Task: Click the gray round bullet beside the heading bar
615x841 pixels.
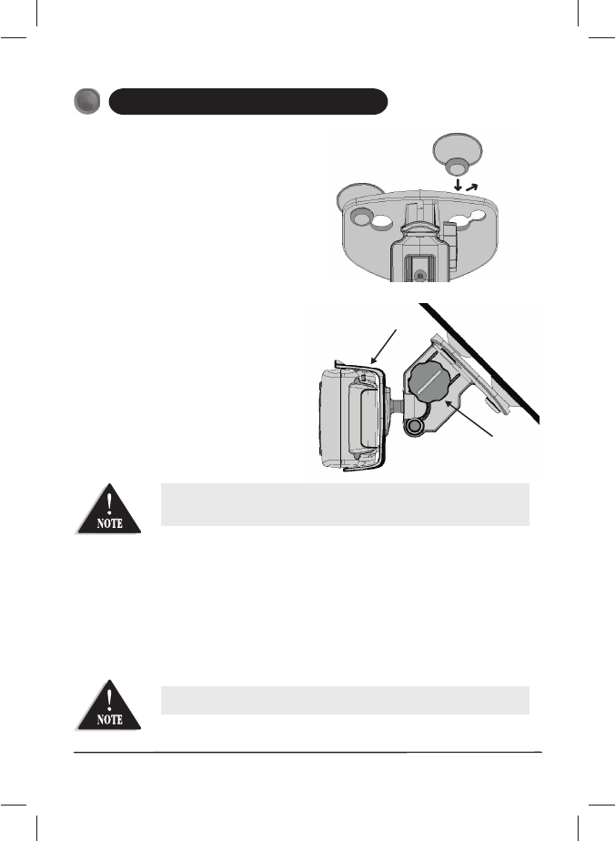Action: coord(89,102)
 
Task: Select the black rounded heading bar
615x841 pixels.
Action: coord(248,101)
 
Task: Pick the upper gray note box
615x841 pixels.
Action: coord(345,504)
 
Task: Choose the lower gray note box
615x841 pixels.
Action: coord(345,700)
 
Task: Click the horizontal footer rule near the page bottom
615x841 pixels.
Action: coord(307,752)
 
